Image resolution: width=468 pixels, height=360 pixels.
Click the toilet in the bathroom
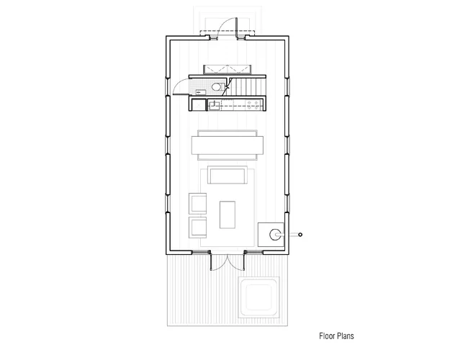(217, 87)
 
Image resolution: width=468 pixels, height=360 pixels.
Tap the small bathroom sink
(200, 91)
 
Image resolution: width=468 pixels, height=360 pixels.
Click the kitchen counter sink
(214, 105)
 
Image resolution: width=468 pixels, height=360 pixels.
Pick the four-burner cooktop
(253, 105)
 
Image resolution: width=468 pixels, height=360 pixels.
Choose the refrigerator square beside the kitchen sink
(198, 104)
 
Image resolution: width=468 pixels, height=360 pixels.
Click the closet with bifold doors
(227, 70)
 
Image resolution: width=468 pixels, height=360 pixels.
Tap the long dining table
(228, 145)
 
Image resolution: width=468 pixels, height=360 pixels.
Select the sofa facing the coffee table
(228, 175)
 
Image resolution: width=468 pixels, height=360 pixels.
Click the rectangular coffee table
(228, 215)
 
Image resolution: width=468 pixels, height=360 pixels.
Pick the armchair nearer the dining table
(197, 204)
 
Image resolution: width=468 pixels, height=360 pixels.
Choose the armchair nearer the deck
(197, 228)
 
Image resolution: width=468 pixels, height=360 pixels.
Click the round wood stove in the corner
(275, 235)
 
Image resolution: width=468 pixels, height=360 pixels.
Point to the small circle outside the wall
(300, 235)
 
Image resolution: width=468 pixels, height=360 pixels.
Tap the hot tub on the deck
(258, 297)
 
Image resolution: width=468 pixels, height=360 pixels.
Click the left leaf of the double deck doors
(211, 261)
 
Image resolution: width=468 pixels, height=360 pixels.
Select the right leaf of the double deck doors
(244, 261)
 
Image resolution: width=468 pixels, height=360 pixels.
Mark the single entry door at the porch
(236, 28)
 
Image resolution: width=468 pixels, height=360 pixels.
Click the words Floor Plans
(336, 336)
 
